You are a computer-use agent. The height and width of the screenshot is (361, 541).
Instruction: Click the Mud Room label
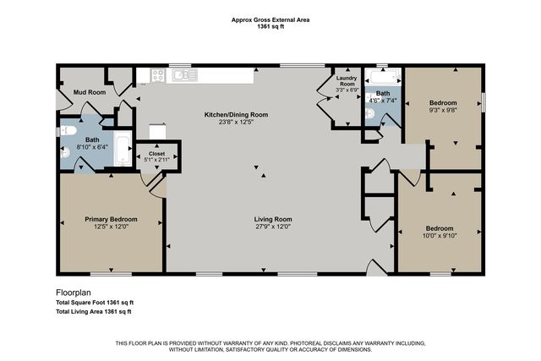[x=90, y=92]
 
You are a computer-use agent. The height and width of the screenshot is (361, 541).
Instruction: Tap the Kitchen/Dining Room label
[x=237, y=115]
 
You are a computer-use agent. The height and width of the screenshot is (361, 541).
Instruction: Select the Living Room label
[x=273, y=219]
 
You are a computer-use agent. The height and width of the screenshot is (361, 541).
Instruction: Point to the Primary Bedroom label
[x=111, y=219]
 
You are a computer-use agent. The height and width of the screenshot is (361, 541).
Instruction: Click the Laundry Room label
[x=347, y=81]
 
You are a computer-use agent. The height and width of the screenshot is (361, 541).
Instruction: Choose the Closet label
[x=157, y=154]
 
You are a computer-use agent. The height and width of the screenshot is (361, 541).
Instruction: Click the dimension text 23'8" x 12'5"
[x=237, y=122]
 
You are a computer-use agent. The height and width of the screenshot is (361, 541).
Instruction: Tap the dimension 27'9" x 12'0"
[x=273, y=227]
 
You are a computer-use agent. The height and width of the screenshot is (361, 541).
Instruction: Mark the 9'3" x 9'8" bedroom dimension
[x=443, y=110]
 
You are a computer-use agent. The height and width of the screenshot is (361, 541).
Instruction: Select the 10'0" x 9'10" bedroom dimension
[x=440, y=236]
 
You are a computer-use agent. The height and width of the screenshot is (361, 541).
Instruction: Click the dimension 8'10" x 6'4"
[x=92, y=147]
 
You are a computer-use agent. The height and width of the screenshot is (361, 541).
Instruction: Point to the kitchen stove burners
[x=158, y=75]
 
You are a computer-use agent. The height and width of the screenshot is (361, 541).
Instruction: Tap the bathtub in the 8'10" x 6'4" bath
[x=123, y=149]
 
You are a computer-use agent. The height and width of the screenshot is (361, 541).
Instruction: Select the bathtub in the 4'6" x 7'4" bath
[x=384, y=77]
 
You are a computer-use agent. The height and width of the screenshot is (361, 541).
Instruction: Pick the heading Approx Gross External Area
[x=270, y=20]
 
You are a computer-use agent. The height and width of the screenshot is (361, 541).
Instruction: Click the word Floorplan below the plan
[x=74, y=293]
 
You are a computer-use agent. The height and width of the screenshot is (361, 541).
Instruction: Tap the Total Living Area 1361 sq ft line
[x=94, y=312]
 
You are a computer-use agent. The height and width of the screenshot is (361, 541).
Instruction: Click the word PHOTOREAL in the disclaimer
[x=306, y=343]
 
